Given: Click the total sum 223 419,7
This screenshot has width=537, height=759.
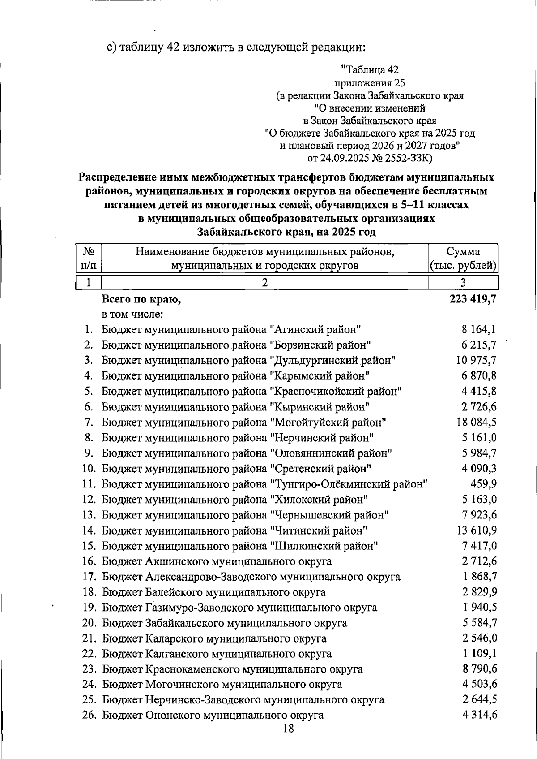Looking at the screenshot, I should click(x=473, y=299).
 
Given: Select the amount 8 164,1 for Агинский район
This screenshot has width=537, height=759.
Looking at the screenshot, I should click(x=479, y=330).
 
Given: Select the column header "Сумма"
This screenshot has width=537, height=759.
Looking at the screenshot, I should click(x=463, y=251).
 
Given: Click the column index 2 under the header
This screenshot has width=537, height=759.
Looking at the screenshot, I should click(x=265, y=282).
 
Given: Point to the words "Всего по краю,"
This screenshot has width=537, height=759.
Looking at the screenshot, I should click(x=141, y=299).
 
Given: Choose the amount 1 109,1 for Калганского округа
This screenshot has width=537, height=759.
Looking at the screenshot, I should click(x=480, y=654).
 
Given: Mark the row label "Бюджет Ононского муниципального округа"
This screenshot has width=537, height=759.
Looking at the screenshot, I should click(x=213, y=716).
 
